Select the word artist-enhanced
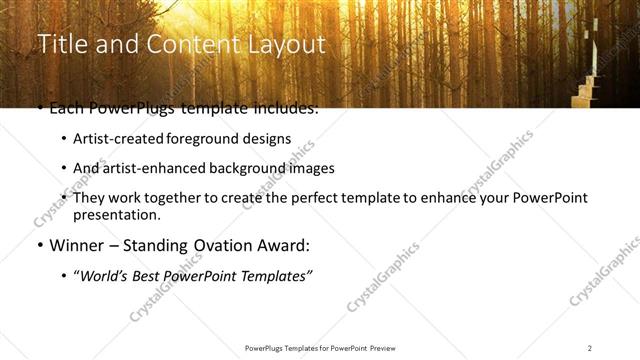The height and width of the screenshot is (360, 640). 150,168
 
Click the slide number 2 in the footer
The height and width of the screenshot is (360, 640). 589,347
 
